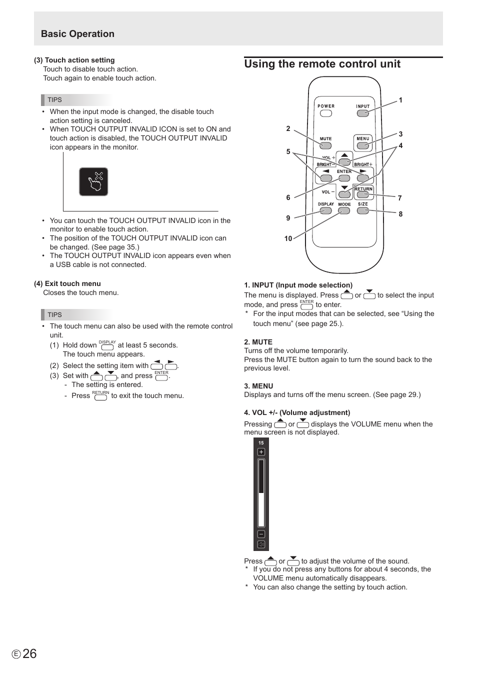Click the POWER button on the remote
point(326,113)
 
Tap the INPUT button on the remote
point(363,113)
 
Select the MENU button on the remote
point(363,145)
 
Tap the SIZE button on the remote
point(363,210)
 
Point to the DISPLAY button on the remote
point(326,210)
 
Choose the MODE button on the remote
point(344,210)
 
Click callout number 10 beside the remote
point(288,238)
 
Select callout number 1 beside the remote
point(400,100)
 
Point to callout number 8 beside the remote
point(400,214)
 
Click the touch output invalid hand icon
point(93,181)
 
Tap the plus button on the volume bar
point(261,452)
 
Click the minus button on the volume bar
point(261,534)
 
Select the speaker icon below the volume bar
point(261,544)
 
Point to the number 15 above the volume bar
point(261,443)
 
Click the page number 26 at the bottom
point(29,653)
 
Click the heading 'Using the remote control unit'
point(322,64)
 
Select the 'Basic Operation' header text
point(77,34)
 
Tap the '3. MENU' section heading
point(258,386)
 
